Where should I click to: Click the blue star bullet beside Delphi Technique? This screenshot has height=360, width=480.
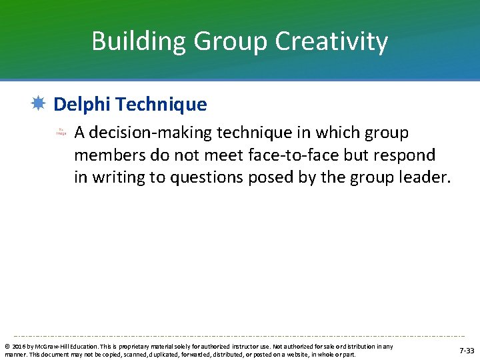point(38,103)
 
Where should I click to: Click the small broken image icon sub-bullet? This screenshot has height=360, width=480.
point(61,133)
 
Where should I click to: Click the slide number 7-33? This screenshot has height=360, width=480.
point(467,350)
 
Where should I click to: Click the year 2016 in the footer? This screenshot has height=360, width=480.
point(17,347)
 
